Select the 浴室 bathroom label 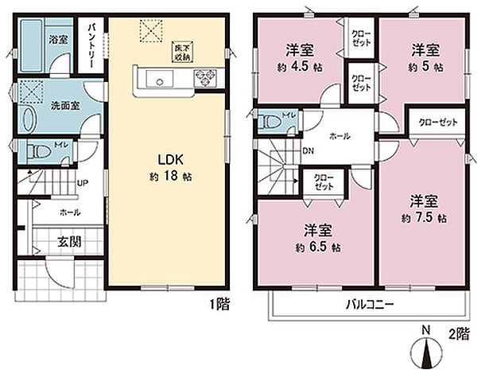[59, 38]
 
